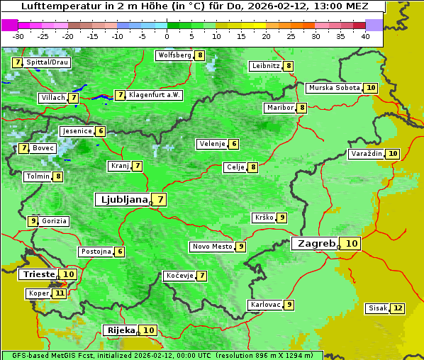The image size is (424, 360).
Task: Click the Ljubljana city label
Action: [122, 200]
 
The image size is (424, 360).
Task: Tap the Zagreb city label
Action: [316, 243]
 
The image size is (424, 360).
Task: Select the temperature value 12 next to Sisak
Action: [398, 308]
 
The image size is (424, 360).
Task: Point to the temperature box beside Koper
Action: [60, 293]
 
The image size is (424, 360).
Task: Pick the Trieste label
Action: [39, 274]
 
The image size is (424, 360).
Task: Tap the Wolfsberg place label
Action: [174, 55]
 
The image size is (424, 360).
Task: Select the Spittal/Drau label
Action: [48, 62]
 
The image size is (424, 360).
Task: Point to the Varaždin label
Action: [367, 154]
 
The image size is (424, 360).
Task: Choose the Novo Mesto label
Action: [212, 247]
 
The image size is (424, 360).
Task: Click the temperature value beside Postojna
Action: [120, 252]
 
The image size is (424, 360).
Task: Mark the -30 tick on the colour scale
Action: [18, 36]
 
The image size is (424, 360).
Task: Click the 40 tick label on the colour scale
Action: [365, 36]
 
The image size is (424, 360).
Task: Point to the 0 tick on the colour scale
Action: [167, 36]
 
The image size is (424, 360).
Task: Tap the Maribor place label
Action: [279, 108]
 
